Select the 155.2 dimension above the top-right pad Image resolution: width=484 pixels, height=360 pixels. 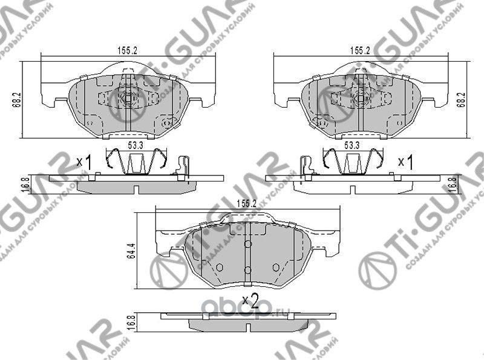click(x=359, y=51)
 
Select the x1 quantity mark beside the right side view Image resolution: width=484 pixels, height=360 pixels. click(x=405, y=162)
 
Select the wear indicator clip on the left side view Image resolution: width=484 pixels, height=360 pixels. click(x=185, y=168)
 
